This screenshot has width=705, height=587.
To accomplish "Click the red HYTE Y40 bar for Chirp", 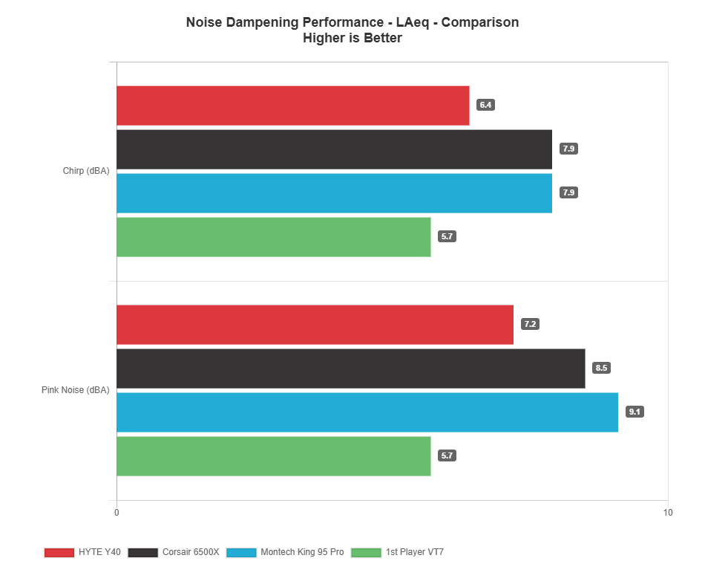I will click(x=292, y=106).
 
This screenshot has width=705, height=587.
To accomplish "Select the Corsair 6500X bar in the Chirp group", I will click(x=334, y=149).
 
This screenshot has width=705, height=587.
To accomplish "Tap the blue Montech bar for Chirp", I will click(x=334, y=193).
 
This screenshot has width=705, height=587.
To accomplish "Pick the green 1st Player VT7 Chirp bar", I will click(x=273, y=237).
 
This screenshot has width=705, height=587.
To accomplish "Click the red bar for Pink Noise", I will click(x=315, y=325).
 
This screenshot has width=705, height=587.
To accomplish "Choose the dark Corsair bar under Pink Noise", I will click(x=350, y=369).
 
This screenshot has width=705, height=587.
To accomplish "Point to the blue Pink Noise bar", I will click(x=367, y=412).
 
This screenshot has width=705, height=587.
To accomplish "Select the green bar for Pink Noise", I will click(x=273, y=456).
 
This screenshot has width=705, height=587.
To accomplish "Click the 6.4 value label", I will click(x=485, y=106).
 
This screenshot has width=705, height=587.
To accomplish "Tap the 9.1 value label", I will click(x=634, y=412).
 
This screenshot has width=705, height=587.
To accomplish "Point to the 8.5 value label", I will click(x=601, y=368).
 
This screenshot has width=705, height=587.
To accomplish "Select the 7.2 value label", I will click(x=530, y=325).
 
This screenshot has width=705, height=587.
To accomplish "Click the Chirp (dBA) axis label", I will click(x=86, y=171).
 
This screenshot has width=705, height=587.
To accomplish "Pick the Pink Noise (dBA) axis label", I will click(x=76, y=390).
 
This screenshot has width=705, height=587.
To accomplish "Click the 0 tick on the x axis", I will click(x=117, y=513).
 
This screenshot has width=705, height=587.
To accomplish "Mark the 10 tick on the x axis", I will click(x=668, y=513).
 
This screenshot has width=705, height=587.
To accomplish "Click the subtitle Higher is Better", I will click(x=352, y=38).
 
